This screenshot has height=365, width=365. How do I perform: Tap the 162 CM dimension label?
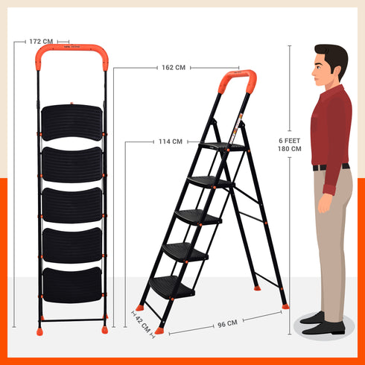coord(173,68)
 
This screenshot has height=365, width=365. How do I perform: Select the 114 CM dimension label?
coord(170,142)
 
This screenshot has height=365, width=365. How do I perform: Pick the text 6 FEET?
coord(290,140)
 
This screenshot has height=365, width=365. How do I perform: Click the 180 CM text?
coord(290,149)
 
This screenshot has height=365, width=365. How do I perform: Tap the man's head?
coord(330,65)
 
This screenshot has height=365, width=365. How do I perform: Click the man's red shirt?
coord(330,127)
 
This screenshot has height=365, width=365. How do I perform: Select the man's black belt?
coord(331,167)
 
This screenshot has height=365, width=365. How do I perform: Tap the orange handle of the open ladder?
coord(238,79)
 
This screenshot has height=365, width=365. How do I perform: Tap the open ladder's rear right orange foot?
coord(285,305)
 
